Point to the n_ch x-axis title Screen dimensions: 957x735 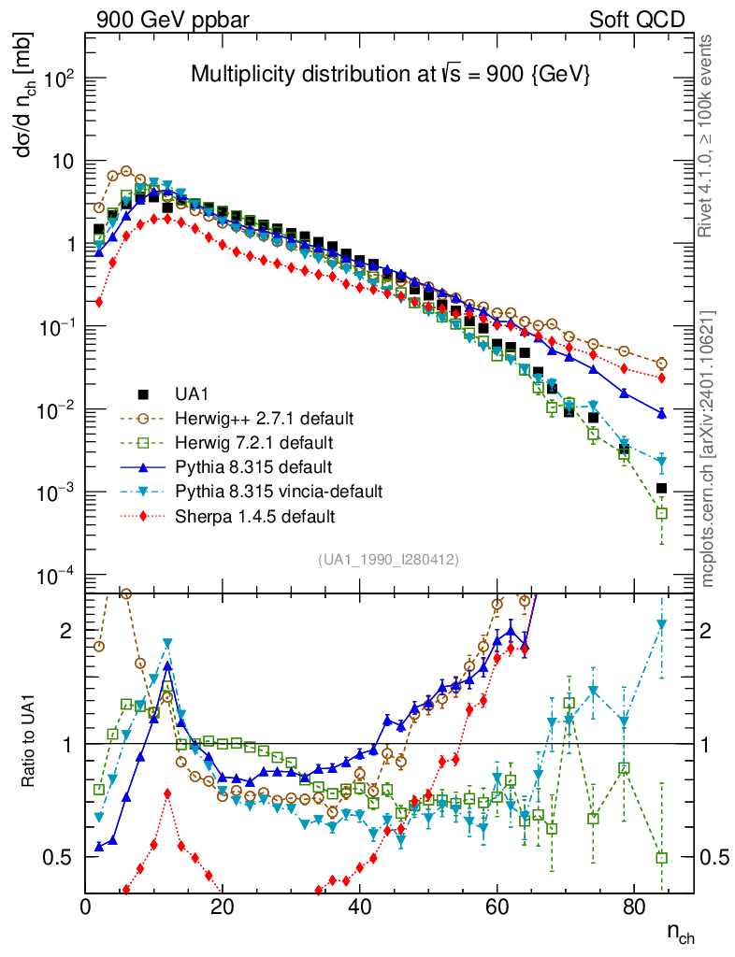(680, 932)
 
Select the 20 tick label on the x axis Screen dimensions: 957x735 (223, 906)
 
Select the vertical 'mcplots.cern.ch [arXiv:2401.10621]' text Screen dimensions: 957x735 (708, 449)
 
